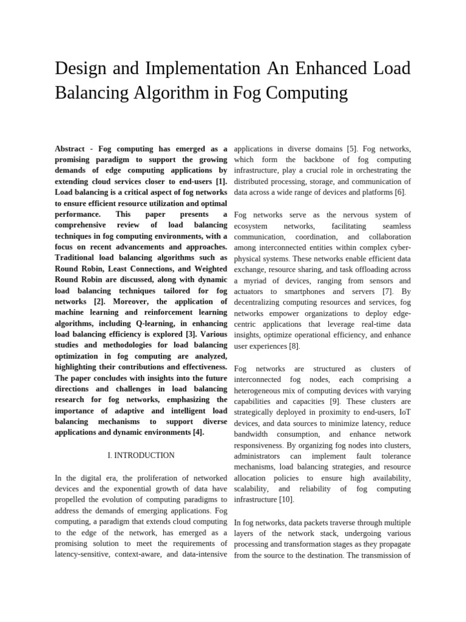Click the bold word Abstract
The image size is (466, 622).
click(x=70, y=148)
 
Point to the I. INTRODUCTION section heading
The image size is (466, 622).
click(x=141, y=455)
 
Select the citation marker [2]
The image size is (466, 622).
click(x=100, y=301)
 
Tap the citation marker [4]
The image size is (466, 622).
click(x=198, y=432)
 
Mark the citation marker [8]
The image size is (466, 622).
click(x=292, y=346)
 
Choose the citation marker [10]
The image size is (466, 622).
click(x=285, y=499)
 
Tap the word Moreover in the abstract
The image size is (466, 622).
click(x=131, y=301)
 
